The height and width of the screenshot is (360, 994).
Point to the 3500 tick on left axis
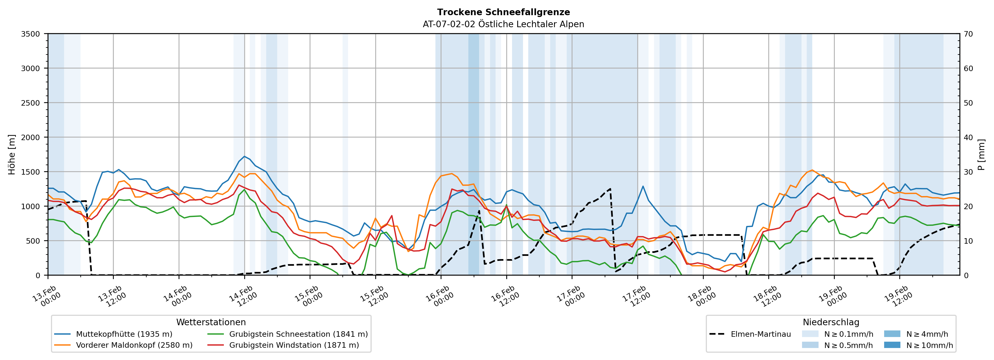coord(31,34)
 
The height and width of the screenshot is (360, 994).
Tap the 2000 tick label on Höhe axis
coord(31,137)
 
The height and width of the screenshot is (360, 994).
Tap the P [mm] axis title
coord(981,154)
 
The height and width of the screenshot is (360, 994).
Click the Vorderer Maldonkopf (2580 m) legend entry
coord(134,345)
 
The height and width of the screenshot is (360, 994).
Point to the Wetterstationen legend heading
coord(211,322)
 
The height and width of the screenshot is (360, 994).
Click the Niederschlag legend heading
coord(831,322)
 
